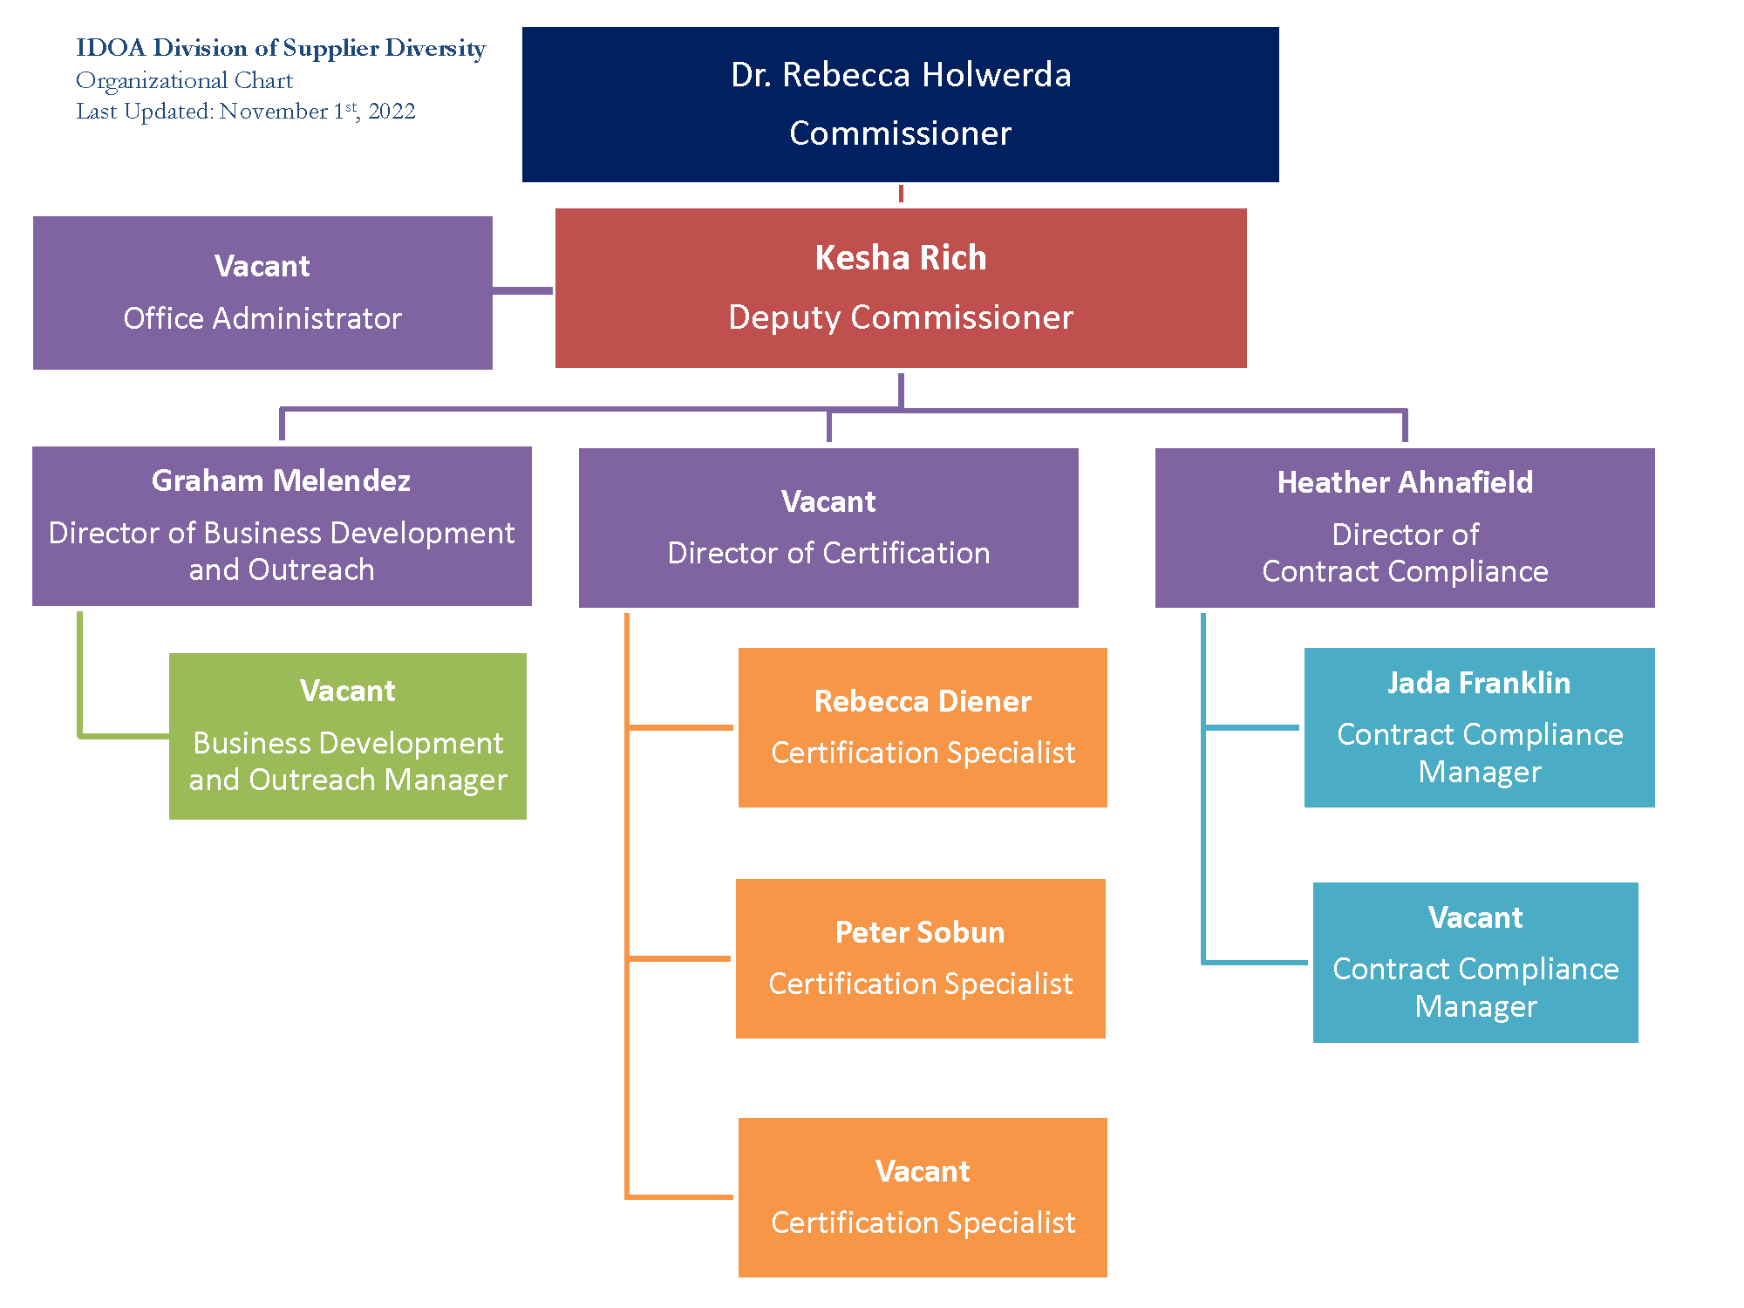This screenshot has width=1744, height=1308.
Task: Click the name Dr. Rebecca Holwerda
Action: click(x=901, y=75)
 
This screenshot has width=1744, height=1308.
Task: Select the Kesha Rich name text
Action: click(x=901, y=258)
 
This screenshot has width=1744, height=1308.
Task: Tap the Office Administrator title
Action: click(x=262, y=318)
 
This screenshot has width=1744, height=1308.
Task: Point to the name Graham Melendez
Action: click(x=281, y=480)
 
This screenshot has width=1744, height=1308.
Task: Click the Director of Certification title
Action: click(x=828, y=553)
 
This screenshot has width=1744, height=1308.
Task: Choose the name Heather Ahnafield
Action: click(x=1405, y=482)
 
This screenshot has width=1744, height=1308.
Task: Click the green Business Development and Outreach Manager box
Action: click(x=348, y=736)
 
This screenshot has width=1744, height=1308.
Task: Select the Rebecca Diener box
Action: click(x=923, y=727)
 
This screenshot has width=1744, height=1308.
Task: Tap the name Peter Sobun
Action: click(x=920, y=932)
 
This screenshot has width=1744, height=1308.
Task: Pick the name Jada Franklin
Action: click(x=1479, y=683)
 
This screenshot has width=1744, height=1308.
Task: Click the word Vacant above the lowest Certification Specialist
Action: click(x=923, y=1171)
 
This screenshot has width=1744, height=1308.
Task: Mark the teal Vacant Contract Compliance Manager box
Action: click(x=1475, y=963)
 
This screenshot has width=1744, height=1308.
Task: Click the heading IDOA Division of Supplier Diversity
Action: click(x=281, y=48)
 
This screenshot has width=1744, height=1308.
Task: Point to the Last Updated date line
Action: click(x=246, y=112)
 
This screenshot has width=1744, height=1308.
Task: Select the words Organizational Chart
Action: click(x=184, y=80)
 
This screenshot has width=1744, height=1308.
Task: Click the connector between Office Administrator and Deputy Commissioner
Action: click(x=523, y=290)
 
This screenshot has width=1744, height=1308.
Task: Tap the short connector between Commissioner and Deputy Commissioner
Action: click(x=901, y=194)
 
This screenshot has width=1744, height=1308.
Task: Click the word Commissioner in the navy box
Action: click(x=901, y=133)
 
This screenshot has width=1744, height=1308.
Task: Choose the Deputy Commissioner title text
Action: click(x=901, y=317)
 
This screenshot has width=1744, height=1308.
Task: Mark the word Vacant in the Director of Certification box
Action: click(x=828, y=501)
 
